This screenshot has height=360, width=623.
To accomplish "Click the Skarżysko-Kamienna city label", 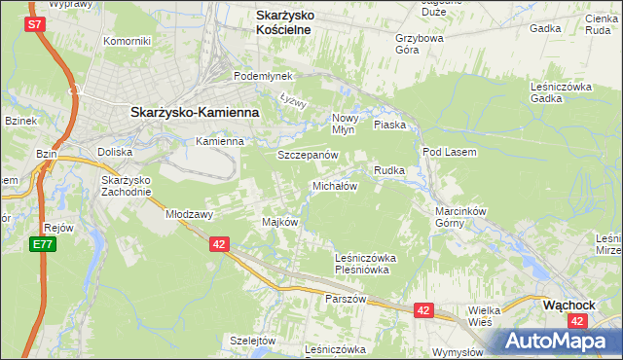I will point(195,112).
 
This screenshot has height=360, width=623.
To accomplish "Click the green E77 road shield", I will point(42,244).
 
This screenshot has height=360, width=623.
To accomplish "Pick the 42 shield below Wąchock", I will point(579,321).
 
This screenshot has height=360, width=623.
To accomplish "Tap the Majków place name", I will point(279,222).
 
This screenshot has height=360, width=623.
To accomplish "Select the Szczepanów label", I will point(308,155).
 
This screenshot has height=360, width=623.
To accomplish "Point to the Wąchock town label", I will point(568,305).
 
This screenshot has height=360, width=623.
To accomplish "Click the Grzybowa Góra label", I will point(420,46).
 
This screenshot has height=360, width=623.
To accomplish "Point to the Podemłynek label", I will point(257,76).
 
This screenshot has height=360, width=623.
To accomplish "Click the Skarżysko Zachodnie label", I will point(127,185).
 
